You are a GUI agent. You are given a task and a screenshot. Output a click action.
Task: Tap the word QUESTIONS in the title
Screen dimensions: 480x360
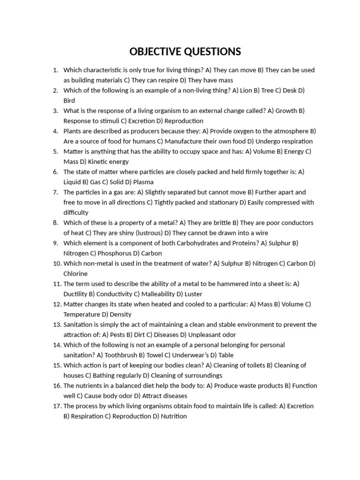[212, 51]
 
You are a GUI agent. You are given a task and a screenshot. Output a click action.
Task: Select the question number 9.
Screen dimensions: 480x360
[55, 243]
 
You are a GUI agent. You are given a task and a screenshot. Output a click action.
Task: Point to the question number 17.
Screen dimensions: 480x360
[57, 406]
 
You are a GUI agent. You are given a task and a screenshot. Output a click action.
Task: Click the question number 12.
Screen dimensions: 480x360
[57, 304]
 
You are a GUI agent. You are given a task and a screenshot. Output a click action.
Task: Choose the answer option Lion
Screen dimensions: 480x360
[246, 90]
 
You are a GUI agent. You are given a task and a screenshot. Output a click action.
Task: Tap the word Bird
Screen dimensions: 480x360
[69, 100]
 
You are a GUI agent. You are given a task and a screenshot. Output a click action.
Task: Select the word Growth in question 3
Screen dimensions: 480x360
[286, 111]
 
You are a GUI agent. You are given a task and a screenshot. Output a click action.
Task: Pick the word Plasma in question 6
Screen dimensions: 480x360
[143, 182]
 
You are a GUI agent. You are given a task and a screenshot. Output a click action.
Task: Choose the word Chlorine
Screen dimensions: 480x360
[75, 273]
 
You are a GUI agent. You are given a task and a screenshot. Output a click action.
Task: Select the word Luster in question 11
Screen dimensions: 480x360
[194, 294]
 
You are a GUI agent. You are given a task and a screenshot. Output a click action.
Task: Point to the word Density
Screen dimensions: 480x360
[120, 314]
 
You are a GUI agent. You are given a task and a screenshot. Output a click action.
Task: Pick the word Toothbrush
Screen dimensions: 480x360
[118, 355]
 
